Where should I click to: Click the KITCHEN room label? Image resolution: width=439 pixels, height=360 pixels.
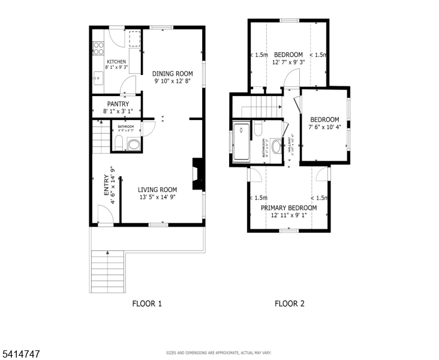point(116,62)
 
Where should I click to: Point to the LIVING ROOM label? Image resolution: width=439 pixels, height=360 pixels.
point(158,190)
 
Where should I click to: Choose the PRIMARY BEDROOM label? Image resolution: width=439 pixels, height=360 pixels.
point(288,208)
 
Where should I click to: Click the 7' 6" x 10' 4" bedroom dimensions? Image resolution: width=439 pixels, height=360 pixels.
point(324,127)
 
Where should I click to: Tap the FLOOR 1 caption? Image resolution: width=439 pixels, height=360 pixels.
point(147,304)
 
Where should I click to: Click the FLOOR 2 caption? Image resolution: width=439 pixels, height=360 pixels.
point(290,304)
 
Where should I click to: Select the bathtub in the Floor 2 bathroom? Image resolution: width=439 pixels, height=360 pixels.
point(242,142)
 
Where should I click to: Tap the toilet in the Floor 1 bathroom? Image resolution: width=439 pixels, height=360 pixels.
point(119,143)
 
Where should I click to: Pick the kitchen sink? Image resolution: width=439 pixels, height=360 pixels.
point(97,76)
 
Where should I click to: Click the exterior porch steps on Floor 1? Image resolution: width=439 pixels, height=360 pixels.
point(107,271)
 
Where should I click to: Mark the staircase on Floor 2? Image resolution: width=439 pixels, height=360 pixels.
point(261,108)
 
